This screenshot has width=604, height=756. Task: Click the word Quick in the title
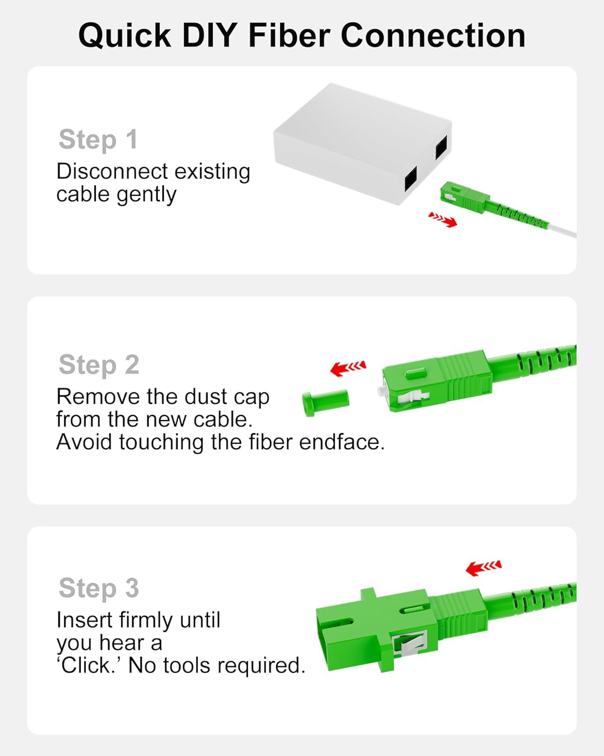coord(125,36)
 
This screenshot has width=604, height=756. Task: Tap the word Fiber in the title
coord(289,35)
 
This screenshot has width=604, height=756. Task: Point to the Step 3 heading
coord(99,589)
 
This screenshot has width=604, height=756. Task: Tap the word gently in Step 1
coord(146,196)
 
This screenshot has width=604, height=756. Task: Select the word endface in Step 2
coord(342,442)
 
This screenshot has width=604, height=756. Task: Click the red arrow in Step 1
coord(442,220)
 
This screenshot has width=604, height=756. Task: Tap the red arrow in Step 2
coord(348,368)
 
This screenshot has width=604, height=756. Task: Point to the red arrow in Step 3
coord(484,568)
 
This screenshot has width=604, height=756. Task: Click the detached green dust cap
coord(325,403)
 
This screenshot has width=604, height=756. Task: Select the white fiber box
coord(362,143)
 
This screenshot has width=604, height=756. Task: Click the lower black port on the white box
coord(411,179)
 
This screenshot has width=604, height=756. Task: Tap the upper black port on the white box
coord(441,147)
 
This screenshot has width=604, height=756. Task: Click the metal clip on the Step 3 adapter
coord(410,643)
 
